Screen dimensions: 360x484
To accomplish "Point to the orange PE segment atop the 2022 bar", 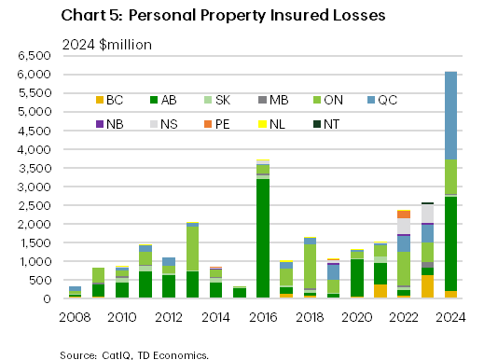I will click(404, 215).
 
